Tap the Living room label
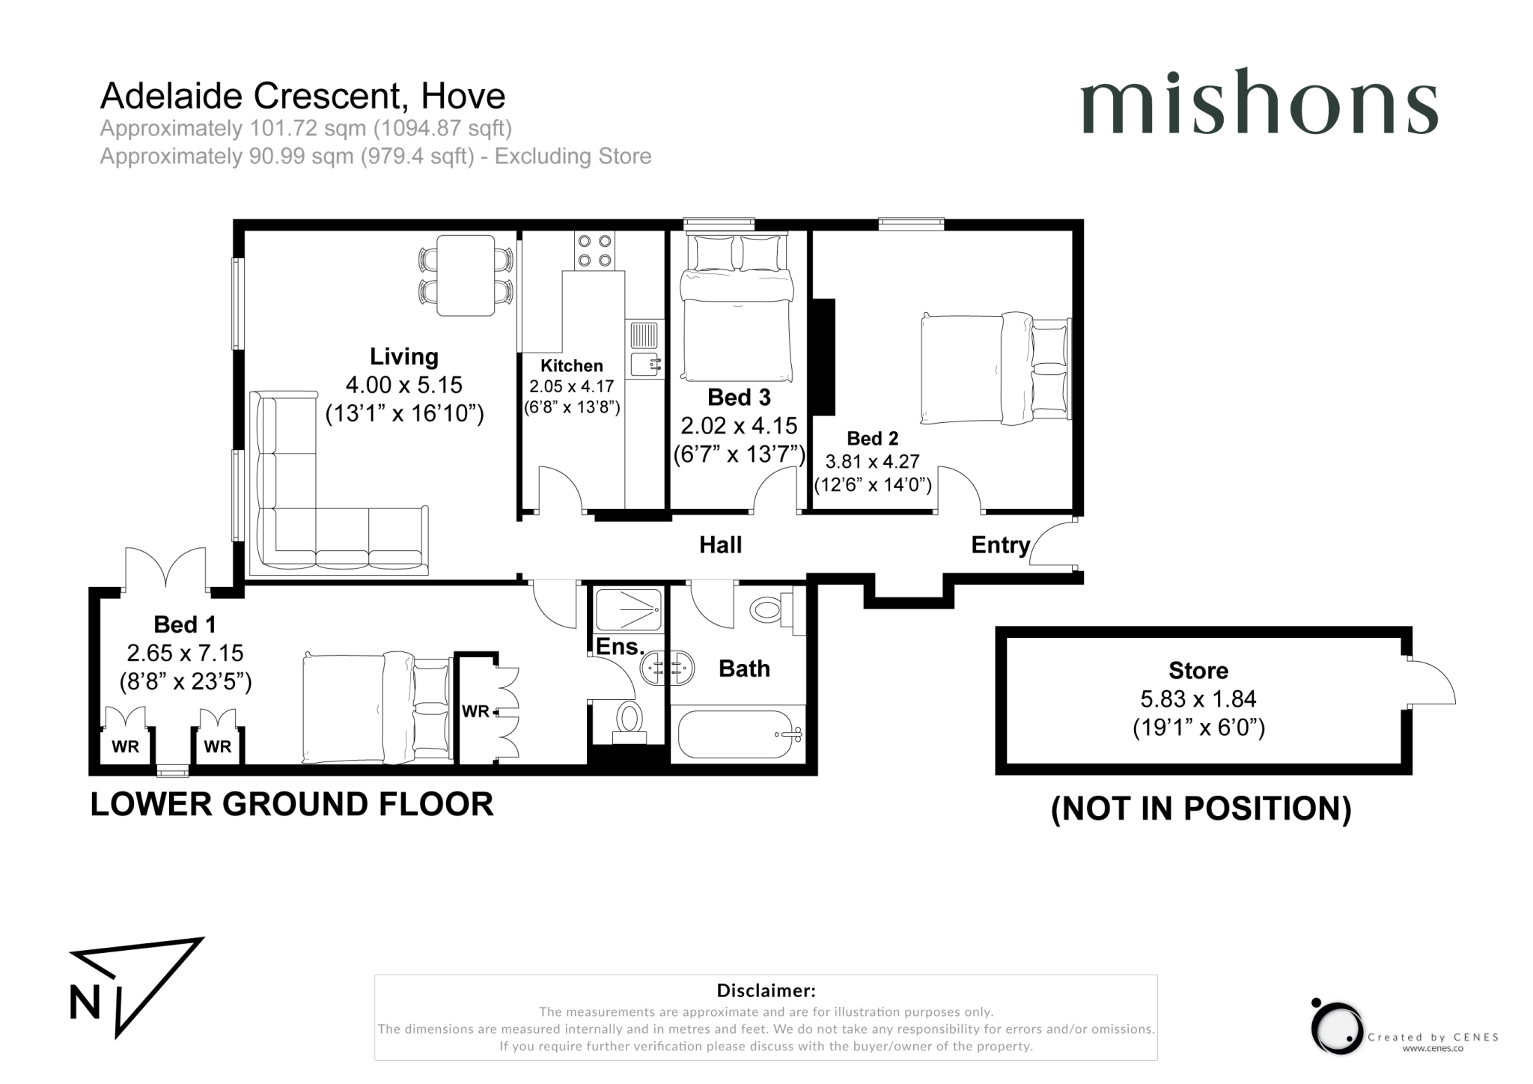click(403, 356)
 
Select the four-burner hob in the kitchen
click(594, 251)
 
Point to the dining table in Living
click(465, 275)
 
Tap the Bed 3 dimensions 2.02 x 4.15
click(738, 426)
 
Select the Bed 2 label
click(872, 439)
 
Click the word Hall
click(720, 545)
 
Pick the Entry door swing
click(1054, 545)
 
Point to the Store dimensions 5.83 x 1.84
click(1198, 699)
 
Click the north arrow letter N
click(85, 1002)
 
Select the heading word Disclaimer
click(766, 990)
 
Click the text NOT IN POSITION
click(1201, 809)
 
